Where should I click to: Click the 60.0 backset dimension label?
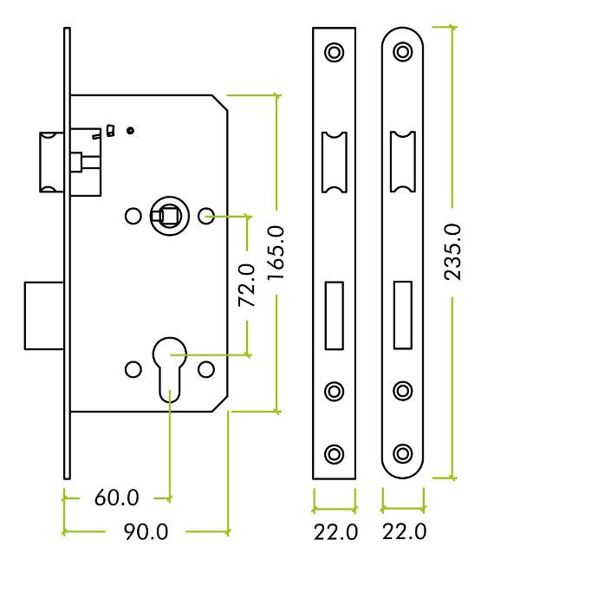pos(117,497)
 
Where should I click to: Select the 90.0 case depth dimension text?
pos(146,532)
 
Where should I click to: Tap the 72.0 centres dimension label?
pos(247,285)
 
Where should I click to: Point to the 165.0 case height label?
pos(276,253)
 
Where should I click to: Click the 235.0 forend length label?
pos(452,252)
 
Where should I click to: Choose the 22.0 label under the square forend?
pos(335,532)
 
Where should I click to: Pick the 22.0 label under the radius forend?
pos(404,531)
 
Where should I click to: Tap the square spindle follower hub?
pos(169,216)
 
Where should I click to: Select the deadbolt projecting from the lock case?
pos(44,315)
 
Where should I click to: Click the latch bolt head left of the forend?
pos(51,162)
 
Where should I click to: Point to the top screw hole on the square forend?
pos(334,52)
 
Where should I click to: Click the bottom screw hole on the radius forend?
pos(403,454)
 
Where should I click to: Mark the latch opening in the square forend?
pos(335,162)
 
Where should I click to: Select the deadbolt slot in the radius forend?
pos(403,315)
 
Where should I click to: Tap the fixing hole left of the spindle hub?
pos(133,216)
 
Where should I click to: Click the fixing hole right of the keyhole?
pos(206,369)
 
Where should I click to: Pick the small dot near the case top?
pos(130,131)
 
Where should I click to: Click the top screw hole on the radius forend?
pos(403,51)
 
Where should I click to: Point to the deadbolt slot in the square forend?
pos(334,315)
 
